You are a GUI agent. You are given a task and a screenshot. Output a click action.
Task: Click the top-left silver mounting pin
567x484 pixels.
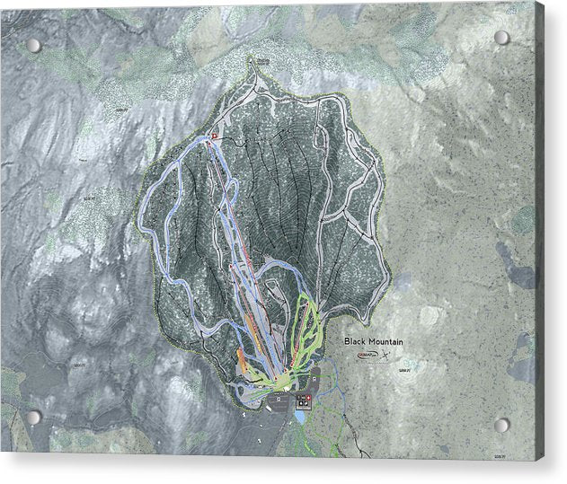(33, 45)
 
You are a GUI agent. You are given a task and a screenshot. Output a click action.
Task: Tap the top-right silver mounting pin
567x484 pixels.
(501, 38)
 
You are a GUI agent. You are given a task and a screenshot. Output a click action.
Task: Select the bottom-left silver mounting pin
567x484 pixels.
(34, 418)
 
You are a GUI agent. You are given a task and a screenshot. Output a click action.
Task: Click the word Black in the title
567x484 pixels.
(357, 341)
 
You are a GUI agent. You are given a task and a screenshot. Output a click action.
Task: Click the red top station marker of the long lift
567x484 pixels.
(213, 138)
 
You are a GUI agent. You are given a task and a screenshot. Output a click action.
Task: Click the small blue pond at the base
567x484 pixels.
(299, 414)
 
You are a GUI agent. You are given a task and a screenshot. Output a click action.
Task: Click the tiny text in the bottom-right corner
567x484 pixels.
(522, 456)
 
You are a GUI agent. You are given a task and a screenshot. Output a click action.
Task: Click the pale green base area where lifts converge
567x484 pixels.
(279, 381)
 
